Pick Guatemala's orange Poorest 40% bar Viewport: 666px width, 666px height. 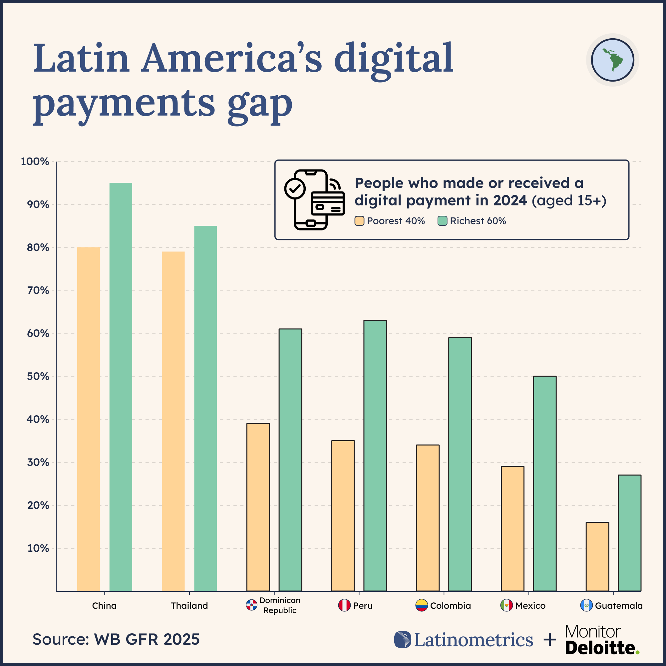[597, 557]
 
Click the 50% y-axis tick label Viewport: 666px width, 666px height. [38, 376]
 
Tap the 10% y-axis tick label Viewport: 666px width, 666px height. [38, 548]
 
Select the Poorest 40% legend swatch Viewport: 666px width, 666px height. [360, 221]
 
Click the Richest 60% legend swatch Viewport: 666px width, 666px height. [442, 221]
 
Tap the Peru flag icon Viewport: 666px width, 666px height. [344, 606]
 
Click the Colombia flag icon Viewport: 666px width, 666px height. [421, 606]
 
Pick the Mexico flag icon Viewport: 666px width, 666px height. [506, 606]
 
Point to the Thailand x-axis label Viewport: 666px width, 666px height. [189, 606]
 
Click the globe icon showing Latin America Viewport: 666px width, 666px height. [612, 60]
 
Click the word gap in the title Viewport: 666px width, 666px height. [260, 104]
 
